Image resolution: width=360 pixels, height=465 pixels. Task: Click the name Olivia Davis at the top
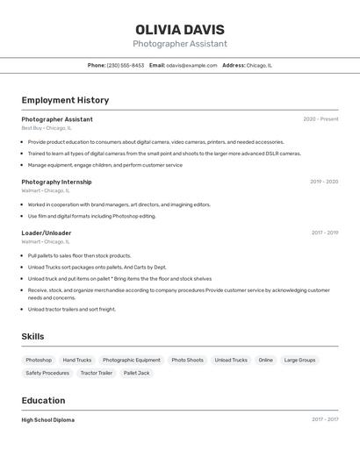pyautogui.click(x=180, y=30)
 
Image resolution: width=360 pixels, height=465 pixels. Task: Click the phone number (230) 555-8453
pyautogui.click(x=126, y=65)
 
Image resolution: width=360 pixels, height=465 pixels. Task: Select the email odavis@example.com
pyautogui.click(x=191, y=65)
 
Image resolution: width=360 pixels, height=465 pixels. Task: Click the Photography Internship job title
pyautogui.click(x=56, y=182)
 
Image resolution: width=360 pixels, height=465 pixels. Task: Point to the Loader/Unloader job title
pyautogui.click(x=47, y=232)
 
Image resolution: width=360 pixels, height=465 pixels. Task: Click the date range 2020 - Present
pyautogui.click(x=320, y=119)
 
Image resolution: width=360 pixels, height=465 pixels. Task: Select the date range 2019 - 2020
pyautogui.click(x=324, y=182)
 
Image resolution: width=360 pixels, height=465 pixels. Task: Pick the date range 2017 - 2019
pyautogui.click(x=325, y=232)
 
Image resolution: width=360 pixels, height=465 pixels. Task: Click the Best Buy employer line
pyautogui.click(x=47, y=128)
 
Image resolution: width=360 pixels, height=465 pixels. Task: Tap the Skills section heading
pyautogui.click(x=32, y=336)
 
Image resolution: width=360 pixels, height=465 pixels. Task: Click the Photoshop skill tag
pyautogui.click(x=39, y=360)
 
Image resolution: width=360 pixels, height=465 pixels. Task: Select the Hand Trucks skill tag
pyautogui.click(x=77, y=360)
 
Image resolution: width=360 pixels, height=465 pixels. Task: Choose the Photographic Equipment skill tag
pyautogui.click(x=132, y=360)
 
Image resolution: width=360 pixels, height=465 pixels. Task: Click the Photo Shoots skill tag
pyautogui.click(x=187, y=360)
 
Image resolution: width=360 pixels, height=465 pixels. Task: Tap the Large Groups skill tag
pyautogui.click(x=299, y=360)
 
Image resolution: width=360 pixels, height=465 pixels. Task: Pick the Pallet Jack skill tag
pyautogui.click(x=136, y=373)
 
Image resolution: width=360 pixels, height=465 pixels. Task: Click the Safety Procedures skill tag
pyautogui.click(x=47, y=373)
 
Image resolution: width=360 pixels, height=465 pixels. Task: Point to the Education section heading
pyautogui.click(x=43, y=400)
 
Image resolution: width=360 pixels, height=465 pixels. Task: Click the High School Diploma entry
pyautogui.click(x=47, y=419)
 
